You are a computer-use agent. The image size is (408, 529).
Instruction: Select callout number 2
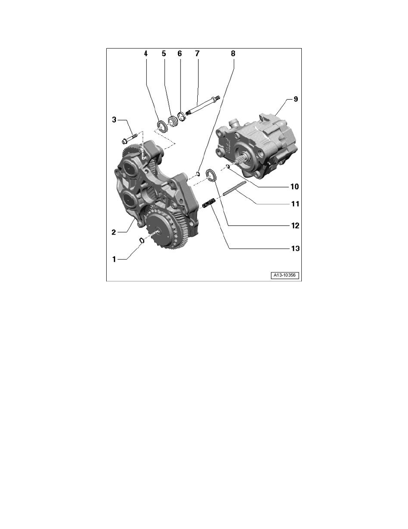click(115, 232)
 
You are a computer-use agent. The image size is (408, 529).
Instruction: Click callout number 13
click(295, 248)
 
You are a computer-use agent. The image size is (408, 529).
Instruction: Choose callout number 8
click(232, 53)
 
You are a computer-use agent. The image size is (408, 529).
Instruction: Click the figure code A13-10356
click(285, 276)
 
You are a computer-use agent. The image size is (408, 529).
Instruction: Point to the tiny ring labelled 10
click(227, 167)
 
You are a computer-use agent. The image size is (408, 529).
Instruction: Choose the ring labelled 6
click(181, 118)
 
